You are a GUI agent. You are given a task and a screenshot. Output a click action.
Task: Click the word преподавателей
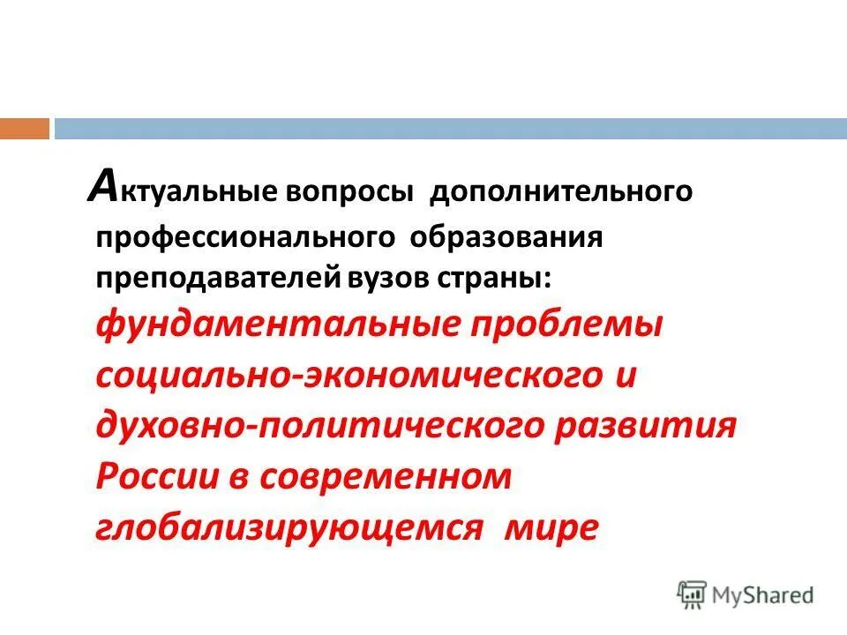pyautogui.click(x=216, y=280)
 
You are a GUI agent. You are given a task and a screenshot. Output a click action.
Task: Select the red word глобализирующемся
pyautogui.click(x=289, y=527)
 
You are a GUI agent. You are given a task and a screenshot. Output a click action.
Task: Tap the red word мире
pyautogui.click(x=551, y=527)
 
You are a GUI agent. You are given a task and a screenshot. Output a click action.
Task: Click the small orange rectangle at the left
pyautogui.click(x=25, y=129)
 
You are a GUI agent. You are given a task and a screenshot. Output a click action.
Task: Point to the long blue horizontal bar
pyautogui.click(x=450, y=129)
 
